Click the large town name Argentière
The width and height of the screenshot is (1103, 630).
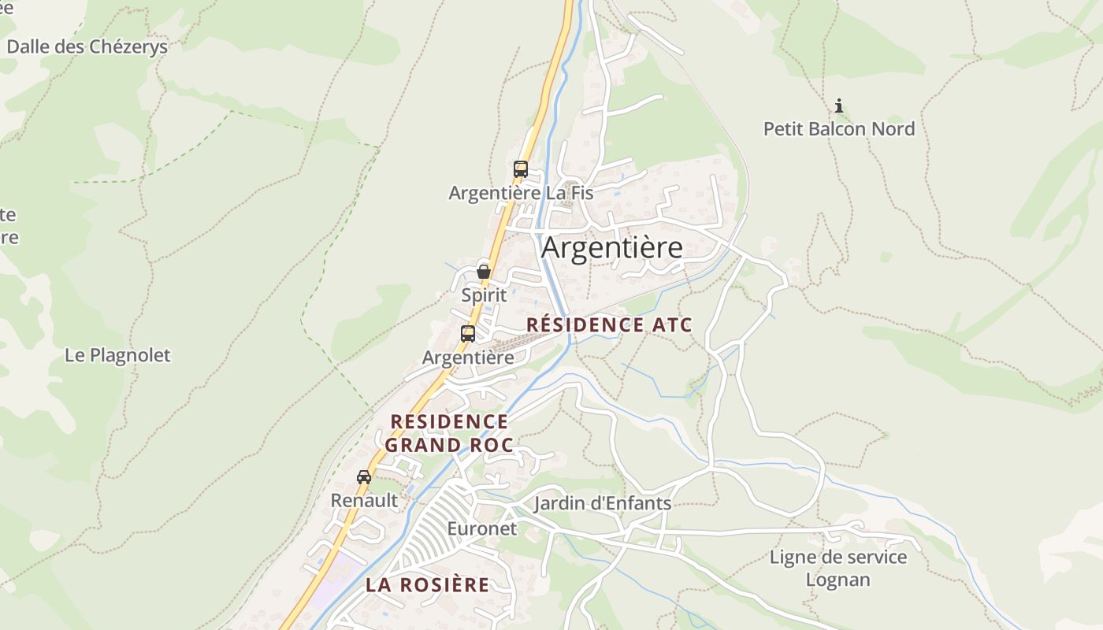(612, 247)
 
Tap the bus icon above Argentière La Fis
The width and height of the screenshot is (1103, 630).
(520, 169)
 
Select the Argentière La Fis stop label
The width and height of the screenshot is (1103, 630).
(521, 193)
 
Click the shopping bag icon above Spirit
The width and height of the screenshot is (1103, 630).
(484, 272)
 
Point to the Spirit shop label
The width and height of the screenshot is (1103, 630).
(484, 295)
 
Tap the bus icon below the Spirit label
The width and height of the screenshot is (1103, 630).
(468, 333)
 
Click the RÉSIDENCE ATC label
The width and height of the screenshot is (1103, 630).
(609, 324)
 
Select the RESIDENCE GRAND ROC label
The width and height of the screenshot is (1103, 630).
(449, 433)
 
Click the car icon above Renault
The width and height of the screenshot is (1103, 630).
(364, 476)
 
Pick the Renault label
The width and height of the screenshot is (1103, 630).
(364, 500)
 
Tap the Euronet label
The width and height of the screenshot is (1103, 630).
(482, 528)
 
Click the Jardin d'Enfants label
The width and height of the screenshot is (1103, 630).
(603, 503)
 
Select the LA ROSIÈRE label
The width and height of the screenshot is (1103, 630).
(427, 585)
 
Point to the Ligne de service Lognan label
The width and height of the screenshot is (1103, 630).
(838, 569)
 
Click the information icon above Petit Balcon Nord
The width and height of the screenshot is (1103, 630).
(839, 105)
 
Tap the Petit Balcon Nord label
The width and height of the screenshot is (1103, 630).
(839, 128)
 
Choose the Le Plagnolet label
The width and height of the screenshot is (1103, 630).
(117, 355)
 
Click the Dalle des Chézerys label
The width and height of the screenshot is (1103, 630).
(87, 46)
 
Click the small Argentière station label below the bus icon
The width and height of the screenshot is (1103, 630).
(468, 358)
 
